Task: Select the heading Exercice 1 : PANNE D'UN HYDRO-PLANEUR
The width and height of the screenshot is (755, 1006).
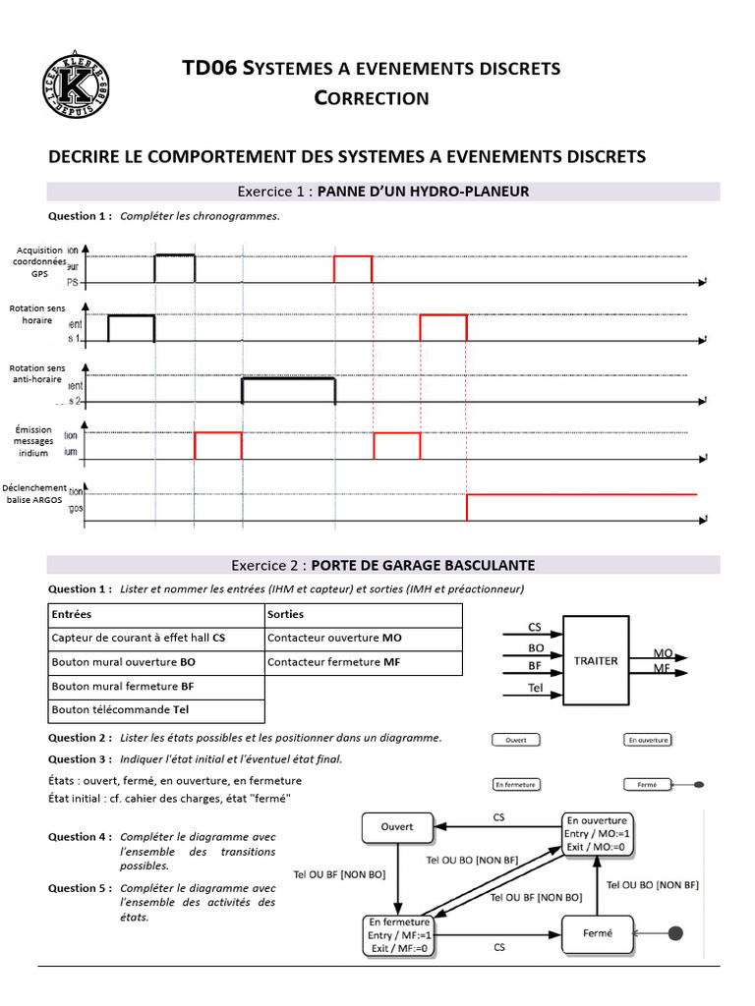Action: point(383,192)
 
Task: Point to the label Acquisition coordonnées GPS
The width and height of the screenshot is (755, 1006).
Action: point(39,262)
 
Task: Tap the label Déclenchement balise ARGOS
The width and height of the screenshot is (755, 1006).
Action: point(34,493)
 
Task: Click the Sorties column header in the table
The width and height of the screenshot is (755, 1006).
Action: point(285,614)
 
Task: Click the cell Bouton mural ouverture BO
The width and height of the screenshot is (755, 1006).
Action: point(124,662)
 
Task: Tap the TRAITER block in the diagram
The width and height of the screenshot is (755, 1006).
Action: point(596,661)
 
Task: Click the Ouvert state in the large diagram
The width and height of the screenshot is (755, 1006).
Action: point(397,826)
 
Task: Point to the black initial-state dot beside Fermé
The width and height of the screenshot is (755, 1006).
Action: point(674,930)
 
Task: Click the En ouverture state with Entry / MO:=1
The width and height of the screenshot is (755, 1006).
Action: point(597,833)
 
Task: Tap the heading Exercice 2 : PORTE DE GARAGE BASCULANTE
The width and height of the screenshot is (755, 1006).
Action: point(383,565)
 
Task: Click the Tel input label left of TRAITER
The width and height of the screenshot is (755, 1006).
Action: point(535,688)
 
